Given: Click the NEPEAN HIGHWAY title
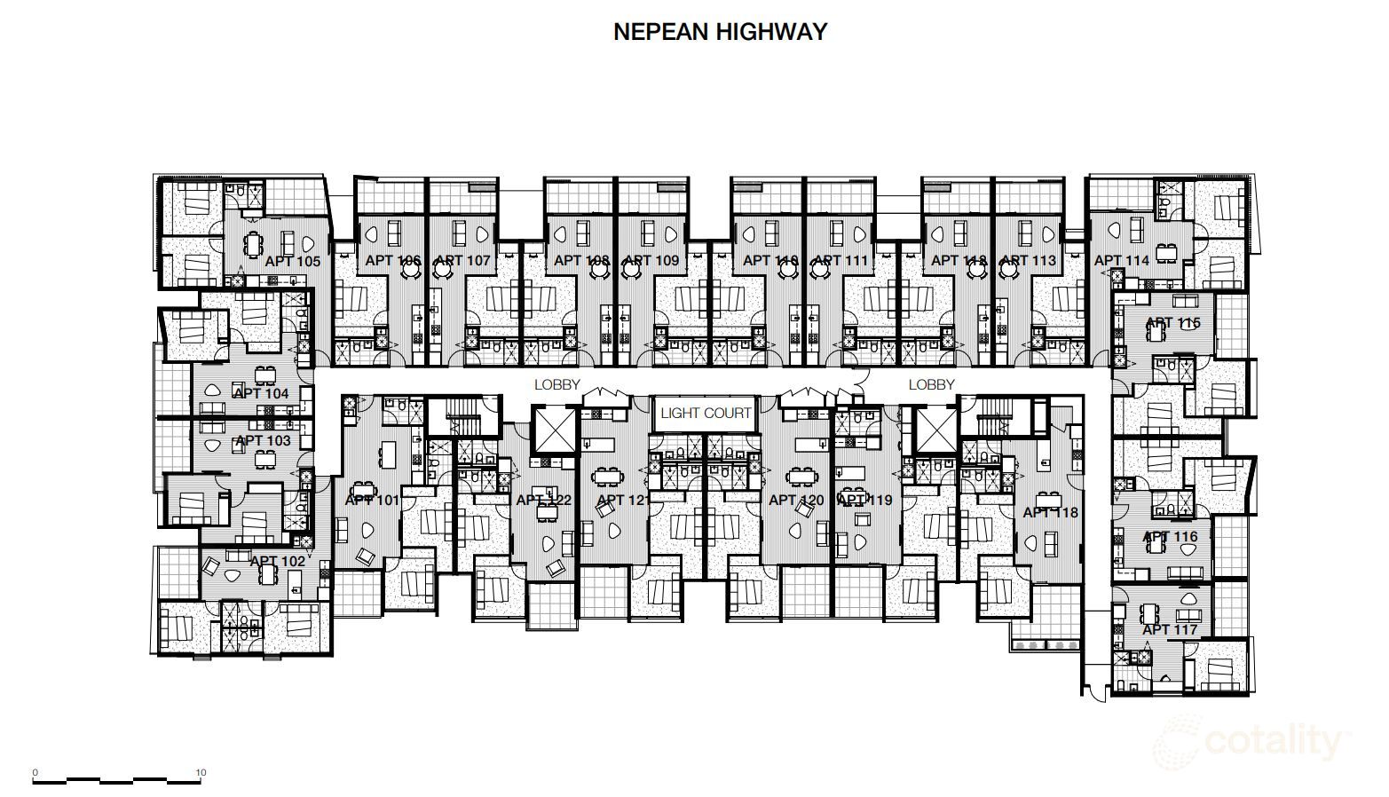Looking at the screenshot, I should pyautogui.click(x=720, y=32).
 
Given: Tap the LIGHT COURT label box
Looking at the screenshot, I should pyautogui.click(x=706, y=413).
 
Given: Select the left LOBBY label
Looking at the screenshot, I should pyautogui.click(x=556, y=384).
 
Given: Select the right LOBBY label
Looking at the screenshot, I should pyautogui.click(x=931, y=384).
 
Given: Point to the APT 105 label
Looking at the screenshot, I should pyautogui.click(x=292, y=261).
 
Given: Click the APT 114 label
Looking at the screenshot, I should pyautogui.click(x=1121, y=260).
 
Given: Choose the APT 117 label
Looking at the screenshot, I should pyautogui.click(x=1170, y=629).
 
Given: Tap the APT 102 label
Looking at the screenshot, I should pyautogui.click(x=277, y=561).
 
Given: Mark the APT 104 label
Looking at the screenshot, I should pyautogui.click(x=261, y=393).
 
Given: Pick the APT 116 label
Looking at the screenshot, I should pyautogui.click(x=1170, y=536).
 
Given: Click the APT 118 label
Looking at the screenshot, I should pyautogui.click(x=1050, y=512).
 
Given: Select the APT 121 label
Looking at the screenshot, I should pyautogui.click(x=624, y=500).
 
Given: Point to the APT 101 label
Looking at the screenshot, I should pyautogui.click(x=372, y=500).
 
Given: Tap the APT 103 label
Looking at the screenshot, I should pyautogui.click(x=263, y=440).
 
